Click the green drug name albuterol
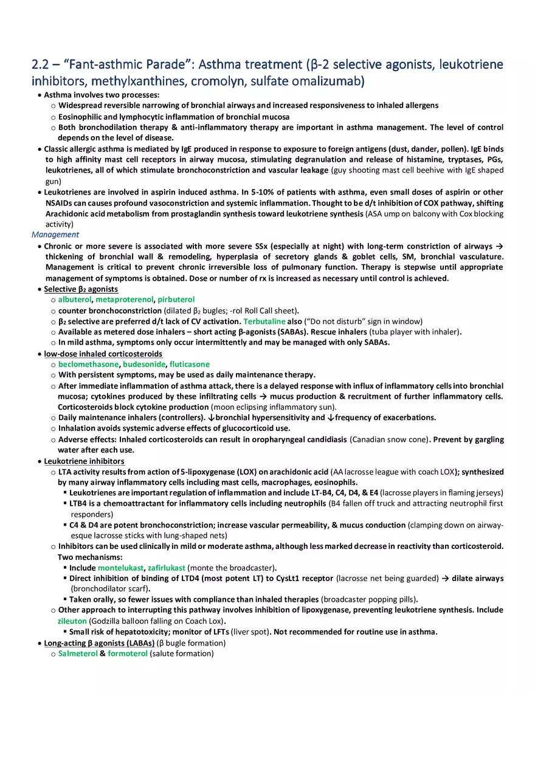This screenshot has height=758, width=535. (x=75, y=300)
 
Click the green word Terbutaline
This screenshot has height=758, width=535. (x=264, y=322)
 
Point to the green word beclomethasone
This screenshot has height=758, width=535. (x=89, y=364)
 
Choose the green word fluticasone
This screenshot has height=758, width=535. (x=190, y=364)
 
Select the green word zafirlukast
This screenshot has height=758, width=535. (x=167, y=568)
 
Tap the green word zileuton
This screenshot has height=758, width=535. (x=72, y=621)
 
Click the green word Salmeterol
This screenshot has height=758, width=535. (x=78, y=653)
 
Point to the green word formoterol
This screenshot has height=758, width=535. (x=128, y=653)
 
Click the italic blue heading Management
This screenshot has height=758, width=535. (x=55, y=235)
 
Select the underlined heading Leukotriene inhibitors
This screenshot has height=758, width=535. (x=84, y=461)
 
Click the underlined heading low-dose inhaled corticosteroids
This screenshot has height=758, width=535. (x=103, y=354)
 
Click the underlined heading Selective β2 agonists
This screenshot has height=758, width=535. (x=81, y=289)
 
